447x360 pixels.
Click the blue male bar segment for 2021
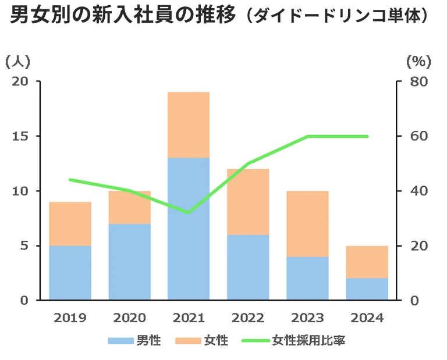click(188, 229)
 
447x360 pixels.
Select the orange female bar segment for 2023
click(307, 223)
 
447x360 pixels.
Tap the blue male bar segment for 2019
click(70, 272)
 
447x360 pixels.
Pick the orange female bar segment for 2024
click(367, 262)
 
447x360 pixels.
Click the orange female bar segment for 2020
click(129, 207)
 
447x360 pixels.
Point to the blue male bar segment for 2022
click(247, 267)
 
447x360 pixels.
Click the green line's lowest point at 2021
click(188, 212)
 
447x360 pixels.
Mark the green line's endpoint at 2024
click(367, 136)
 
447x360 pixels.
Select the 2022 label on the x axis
click(248, 318)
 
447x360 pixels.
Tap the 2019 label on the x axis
click(70, 318)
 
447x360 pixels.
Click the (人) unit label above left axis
click(17, 60)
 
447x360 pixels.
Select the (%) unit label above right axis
click(418, 60)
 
